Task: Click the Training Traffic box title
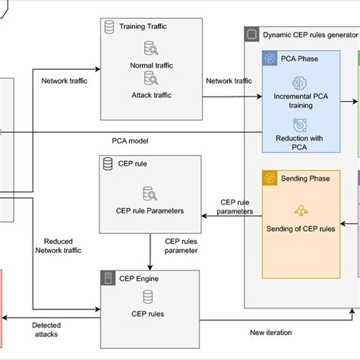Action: [144, 26]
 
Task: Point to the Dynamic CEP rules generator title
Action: [309, 35]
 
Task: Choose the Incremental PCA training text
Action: [298, 102]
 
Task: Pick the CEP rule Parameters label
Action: [150, 211]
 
